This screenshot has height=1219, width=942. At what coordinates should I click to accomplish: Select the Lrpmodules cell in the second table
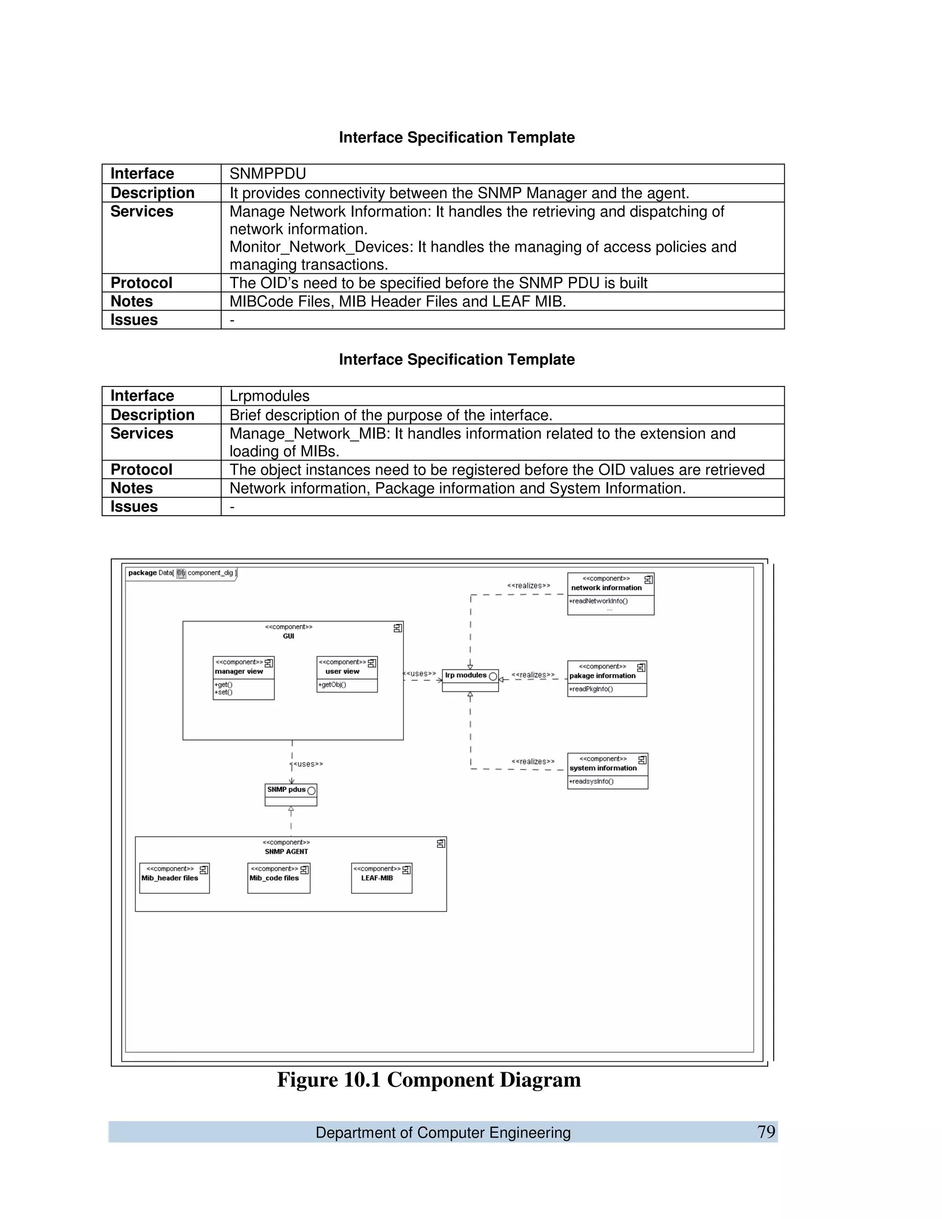(270, 396)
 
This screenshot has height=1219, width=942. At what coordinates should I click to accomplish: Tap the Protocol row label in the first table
(141, 283)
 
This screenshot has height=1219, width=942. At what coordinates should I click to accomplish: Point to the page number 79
(766, 1132)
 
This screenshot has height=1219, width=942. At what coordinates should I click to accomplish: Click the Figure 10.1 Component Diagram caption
(429, 1080)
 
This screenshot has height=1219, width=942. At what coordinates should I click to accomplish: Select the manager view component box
(243, 678)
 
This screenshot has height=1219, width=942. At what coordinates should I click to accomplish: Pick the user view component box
(346, 674)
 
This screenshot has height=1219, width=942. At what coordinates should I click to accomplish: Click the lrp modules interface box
(470, 680)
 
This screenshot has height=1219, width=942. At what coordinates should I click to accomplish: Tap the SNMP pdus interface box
(291, 795)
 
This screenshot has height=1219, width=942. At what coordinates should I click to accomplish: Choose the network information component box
(610, 594)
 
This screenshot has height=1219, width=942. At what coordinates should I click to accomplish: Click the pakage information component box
(607, 678)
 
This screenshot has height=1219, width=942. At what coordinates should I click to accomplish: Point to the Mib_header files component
(174, 878)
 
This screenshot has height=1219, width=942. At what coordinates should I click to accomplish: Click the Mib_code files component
(278, 878)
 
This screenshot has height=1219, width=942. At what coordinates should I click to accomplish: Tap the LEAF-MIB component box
(381, 878)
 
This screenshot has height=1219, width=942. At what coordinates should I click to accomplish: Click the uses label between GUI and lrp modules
(419, 674)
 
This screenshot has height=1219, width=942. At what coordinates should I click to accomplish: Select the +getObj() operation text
(332, 685)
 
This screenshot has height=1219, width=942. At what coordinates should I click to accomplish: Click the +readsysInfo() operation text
(591, 782)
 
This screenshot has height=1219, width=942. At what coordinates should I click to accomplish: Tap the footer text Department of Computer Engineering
(442, 1133)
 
